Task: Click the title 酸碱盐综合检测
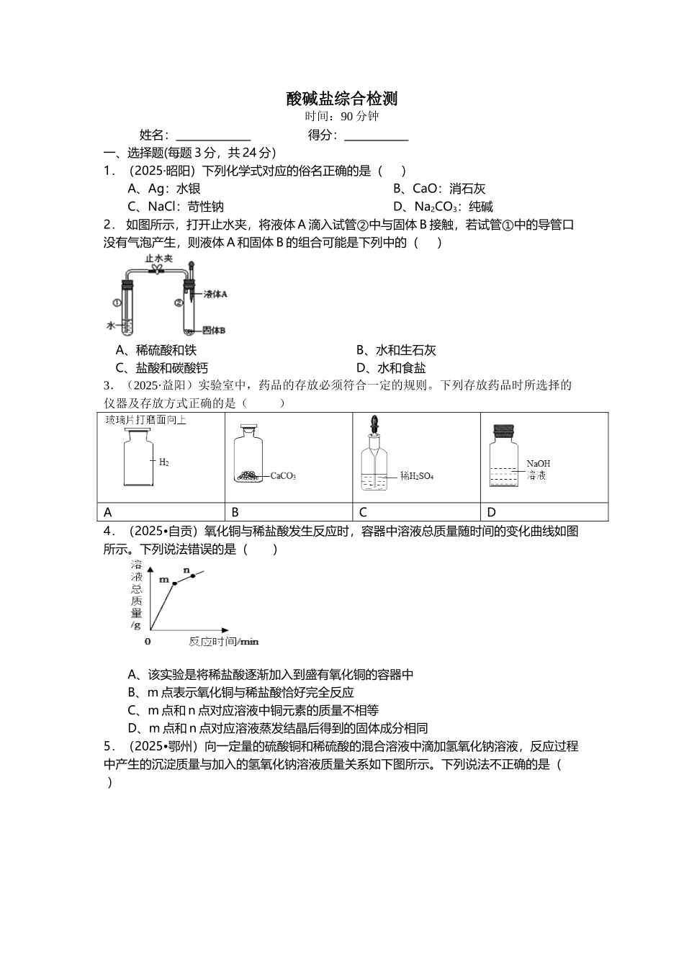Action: click(342, 99)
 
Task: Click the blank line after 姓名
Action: click(213, 135)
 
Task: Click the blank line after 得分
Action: click(376, 135)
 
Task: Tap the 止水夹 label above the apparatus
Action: click(158, 258)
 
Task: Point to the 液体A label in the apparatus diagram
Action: click(215, 294)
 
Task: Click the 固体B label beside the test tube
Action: click(214, 331)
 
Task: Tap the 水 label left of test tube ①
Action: click(110, 326)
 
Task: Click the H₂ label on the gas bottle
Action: click(163, 462)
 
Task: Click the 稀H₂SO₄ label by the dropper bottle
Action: click(417, 476)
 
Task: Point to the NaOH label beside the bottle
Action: click(538, 464)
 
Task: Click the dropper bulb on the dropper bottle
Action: click(374, 422)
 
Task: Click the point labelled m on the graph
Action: click(174, 583)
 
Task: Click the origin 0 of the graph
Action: click(148, 641)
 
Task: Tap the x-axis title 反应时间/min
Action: click(223, 641)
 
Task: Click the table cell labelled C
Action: click(363, 513)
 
